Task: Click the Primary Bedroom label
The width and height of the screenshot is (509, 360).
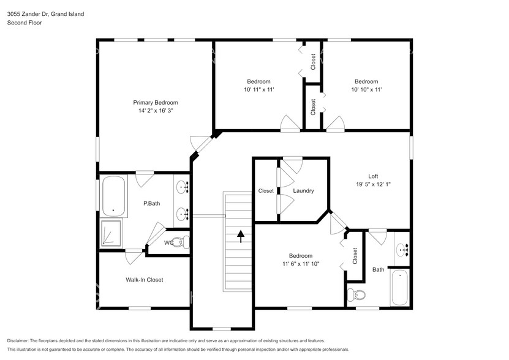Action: [156, 102]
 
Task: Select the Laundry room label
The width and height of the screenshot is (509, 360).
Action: [303, 191]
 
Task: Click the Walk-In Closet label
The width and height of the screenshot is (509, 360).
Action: [145, 280]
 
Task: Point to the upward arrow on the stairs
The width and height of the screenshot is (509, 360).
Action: [240, 236]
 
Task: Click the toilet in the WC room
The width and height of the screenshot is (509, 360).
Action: [179, 242]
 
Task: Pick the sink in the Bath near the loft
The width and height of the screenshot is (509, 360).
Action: [402, 249]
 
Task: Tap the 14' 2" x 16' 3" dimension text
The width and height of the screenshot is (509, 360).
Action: [156, 111]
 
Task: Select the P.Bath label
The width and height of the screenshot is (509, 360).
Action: [151, 203]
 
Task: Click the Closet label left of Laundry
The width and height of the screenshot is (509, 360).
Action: [266, 191]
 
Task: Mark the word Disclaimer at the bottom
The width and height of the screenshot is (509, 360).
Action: [18, 340]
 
